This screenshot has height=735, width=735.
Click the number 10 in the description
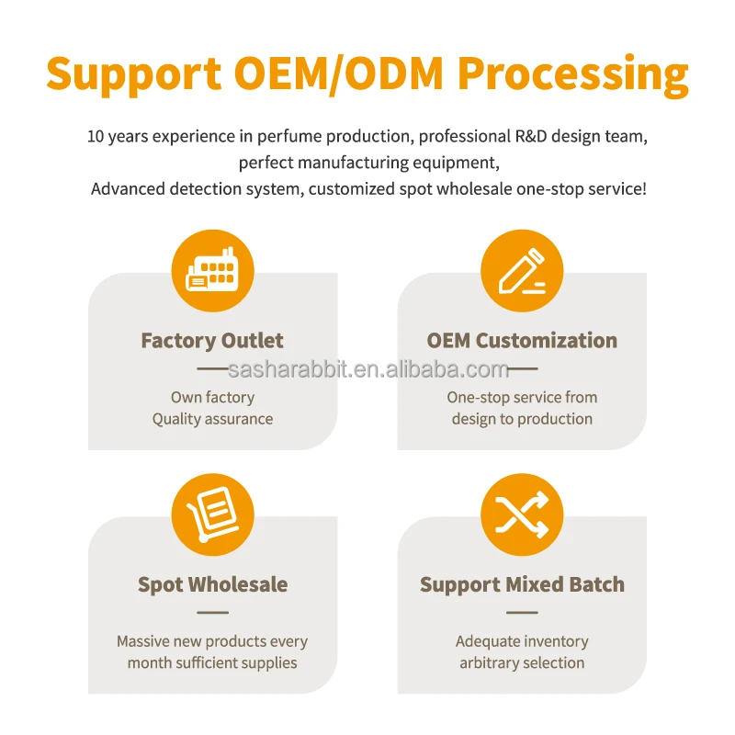[x=96, y=137]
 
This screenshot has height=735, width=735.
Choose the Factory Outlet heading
[x=212, y=341]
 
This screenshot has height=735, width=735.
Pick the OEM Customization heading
[x=522, y=341]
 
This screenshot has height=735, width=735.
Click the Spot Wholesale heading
[x=212, y=584]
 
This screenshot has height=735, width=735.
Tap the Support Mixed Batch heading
[x=522, y=584]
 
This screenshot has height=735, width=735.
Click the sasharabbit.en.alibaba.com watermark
[x=367, y=369]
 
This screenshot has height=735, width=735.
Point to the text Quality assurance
[x=212, y=419]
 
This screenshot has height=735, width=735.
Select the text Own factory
[x=212, y=397]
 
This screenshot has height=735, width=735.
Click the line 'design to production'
[x=522, y=419]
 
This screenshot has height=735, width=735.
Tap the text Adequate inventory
[x=522, y=641]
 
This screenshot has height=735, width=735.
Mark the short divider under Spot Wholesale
[x=212, y=612]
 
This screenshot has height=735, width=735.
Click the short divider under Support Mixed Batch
[x=522, y=612]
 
